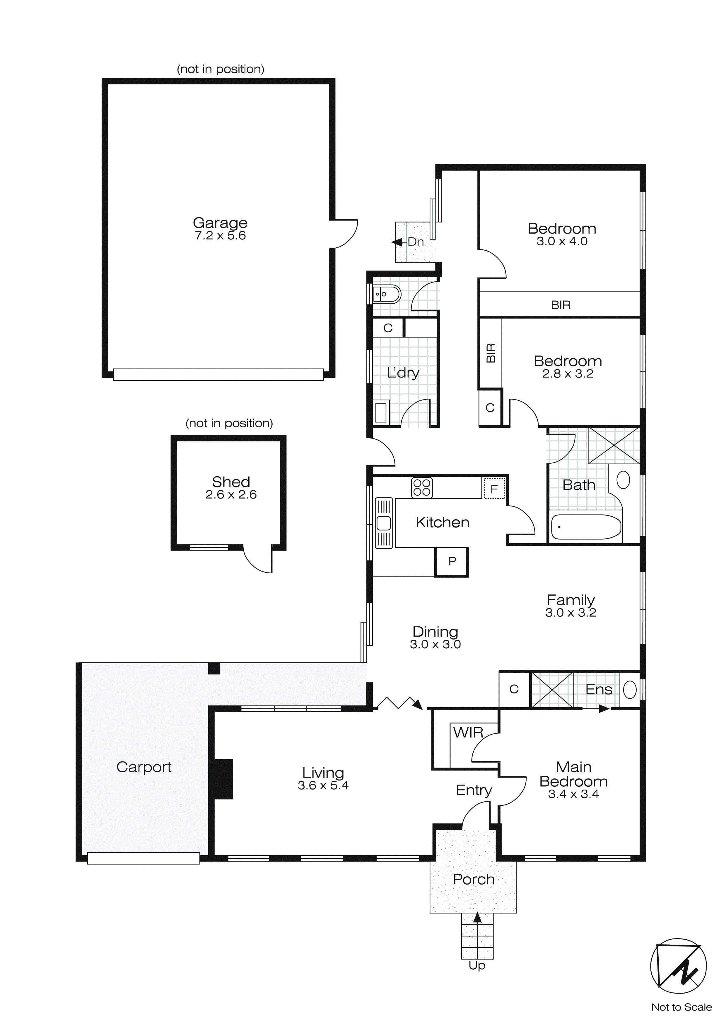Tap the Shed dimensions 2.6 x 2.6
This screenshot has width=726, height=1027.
(x=231, y=495)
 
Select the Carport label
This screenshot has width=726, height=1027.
(x=144, y=767)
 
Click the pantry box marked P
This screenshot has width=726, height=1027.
(x=452, y=561)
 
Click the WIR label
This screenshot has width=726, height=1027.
(x=468, y=733)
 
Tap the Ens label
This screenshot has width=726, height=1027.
(x=599, y=689)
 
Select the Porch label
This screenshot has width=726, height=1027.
(x=474, y=879)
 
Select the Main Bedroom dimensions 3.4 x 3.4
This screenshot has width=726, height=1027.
(x=573, y=794)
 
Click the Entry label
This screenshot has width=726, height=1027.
(x=474, y=790)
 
